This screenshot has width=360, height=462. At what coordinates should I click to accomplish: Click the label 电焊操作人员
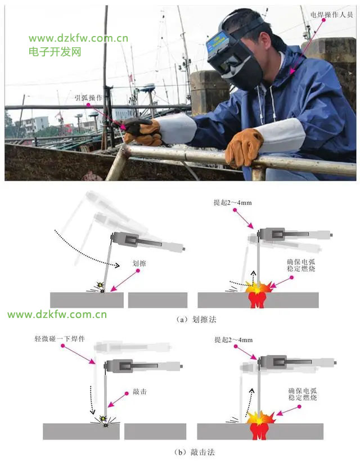click(x=331, y=15)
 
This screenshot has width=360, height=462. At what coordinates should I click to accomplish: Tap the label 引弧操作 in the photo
click(x=88, y=97)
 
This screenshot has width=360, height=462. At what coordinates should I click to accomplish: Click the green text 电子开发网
click(x=55, y=52)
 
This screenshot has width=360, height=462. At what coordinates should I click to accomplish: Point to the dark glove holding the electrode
click(x=142, y=132)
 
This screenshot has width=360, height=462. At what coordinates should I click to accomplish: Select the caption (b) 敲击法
click(x=195, y=452)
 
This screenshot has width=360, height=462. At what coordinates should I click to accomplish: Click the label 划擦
click(x=139, y=263)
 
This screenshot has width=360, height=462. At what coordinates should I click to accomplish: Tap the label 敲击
click(x=139, y=392)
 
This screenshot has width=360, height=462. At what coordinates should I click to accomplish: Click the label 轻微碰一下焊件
click(x=60, y=339)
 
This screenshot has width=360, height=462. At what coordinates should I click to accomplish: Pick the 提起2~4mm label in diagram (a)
click(x=233, y=203)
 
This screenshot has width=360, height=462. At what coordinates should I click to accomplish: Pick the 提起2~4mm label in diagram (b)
click(x=233, y=340)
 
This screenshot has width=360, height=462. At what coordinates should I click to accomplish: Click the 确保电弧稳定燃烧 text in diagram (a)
click(x=301, y=265)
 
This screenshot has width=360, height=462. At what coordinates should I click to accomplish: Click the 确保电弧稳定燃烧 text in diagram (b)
click(x=303, y=394)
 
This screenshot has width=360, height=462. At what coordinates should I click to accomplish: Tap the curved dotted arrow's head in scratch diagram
click(x=117, y=266)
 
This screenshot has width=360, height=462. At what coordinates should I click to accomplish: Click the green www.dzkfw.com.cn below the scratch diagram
click(x=57, y=315)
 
